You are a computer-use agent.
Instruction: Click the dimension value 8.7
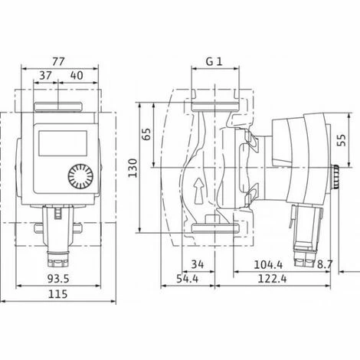click(x=326, y=264)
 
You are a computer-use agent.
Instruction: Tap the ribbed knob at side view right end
click(x=337, y=178)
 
